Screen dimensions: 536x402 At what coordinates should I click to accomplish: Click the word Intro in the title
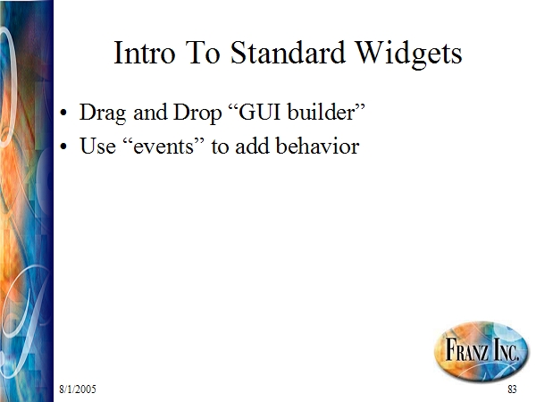144,53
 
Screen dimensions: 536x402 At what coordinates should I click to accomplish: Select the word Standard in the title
288,53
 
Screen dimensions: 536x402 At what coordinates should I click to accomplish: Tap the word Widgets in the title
409,54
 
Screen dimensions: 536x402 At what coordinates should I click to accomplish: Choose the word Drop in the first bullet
197,113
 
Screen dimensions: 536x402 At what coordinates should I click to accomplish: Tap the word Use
97,147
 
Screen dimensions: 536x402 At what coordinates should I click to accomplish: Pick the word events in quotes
163,147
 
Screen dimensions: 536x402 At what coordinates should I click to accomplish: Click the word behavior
317,146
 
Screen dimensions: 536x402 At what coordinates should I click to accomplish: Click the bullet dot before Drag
63,113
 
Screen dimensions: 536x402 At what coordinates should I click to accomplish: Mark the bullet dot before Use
63,147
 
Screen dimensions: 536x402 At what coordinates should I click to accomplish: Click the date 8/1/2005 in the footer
78,389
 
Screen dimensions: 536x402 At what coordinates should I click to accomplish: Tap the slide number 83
512,389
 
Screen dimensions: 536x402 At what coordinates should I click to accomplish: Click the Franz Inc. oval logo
482,350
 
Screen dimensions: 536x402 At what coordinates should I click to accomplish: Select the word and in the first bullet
150,113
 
